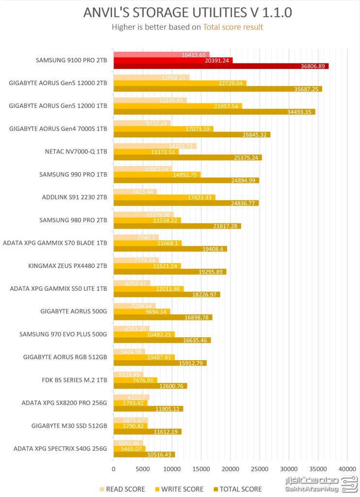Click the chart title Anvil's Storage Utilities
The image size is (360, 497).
[x=187, y=13]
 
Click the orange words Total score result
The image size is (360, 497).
[x=233, y=27]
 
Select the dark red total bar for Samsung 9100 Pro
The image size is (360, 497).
[x=221, y=66]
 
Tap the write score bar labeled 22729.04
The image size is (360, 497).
[x=180, y=83]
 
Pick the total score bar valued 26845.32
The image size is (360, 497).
[x=192, y=134]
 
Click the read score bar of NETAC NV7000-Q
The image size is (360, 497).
[x=155, y=146]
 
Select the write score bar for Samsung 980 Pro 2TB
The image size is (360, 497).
[x=147, y=220]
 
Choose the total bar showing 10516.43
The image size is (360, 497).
[x=144, y=455]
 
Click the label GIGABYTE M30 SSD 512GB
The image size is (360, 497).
[x=69, y=426]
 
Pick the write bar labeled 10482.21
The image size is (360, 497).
[x=144, y=334]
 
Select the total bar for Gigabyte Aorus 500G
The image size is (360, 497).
[x=163, y=317]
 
